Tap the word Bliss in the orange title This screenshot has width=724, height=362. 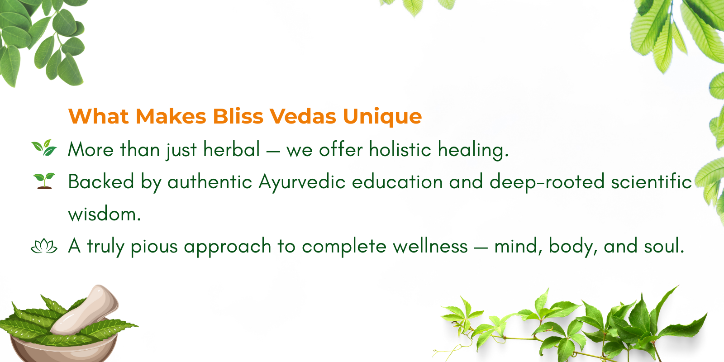pos(238,116)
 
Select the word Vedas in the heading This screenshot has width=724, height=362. pos(303,116)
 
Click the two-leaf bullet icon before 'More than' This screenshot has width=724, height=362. pos(44,148)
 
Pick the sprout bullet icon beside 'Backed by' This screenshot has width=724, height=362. pos(44,181)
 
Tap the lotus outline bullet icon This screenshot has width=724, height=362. pos(44,246)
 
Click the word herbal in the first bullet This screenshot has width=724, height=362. pos(231,149)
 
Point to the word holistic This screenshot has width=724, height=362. pos(400,149)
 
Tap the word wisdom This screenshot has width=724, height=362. pos(105,214)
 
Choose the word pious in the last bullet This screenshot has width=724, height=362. pos(154,247)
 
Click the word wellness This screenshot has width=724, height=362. pos(430,246)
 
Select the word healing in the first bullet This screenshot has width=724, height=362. pos(473,150)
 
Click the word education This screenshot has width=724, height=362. pos(397,181)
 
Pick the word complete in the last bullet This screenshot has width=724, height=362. pos(344,247)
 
